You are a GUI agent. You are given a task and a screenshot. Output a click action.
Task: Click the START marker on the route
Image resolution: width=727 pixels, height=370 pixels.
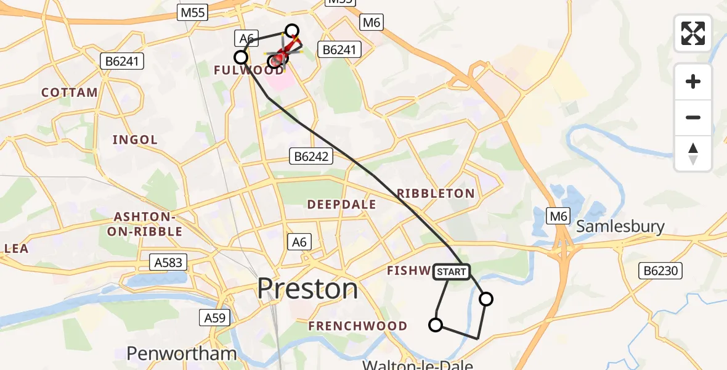452,271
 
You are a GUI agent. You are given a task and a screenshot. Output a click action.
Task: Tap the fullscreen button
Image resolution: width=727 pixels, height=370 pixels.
693,33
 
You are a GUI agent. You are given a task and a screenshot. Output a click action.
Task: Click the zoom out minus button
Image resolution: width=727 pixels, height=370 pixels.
693,117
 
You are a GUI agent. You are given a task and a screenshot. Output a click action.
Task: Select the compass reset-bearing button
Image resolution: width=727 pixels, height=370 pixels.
693,154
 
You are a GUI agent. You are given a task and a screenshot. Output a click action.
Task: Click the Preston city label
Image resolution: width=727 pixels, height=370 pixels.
307,289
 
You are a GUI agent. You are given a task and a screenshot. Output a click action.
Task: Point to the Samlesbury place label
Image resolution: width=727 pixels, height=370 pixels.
620,226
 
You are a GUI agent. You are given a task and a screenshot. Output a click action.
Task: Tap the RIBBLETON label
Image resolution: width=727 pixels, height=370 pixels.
436,194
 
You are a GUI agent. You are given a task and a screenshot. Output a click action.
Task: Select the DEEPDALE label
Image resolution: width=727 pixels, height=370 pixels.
341,205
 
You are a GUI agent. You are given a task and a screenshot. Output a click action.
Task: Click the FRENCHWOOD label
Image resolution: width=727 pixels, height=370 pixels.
358,326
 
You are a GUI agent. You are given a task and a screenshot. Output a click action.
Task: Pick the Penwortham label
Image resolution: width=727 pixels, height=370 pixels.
182,353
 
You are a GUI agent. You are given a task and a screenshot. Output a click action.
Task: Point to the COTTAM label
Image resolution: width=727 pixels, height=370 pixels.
70,92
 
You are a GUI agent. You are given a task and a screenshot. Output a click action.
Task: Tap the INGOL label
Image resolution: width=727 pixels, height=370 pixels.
135,140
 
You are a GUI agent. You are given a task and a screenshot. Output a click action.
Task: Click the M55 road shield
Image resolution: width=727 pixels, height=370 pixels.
193,12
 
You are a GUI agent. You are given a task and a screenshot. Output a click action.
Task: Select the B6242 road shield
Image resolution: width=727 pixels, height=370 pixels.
311,157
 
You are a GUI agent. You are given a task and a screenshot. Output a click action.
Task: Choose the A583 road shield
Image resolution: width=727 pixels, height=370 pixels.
167,263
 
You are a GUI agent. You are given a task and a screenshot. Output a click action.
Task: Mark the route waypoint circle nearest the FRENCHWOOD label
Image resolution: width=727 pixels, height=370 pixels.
436,325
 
